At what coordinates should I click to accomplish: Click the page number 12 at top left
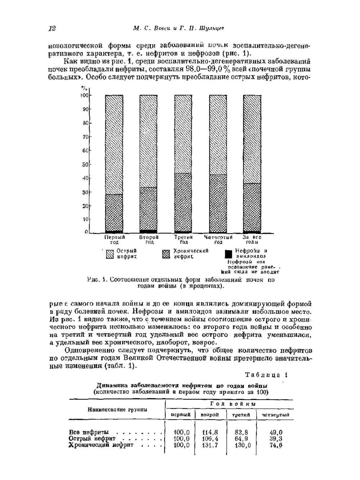tap(52, 29)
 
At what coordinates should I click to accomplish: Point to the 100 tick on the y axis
tap(84, 95)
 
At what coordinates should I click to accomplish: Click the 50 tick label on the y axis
tap(85, 165)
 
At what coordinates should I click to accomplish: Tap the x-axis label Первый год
tap(114, 240)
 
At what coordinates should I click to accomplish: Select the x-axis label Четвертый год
tap(218, 240)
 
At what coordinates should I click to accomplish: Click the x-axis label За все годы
tap(252, 240)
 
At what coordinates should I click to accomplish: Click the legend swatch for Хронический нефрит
tap(166, 254)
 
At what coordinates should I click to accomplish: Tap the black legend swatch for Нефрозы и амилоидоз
tap(228, 254)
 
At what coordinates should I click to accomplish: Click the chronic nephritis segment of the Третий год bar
tap(183, 202)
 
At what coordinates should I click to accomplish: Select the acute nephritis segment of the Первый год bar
tap(114, 144)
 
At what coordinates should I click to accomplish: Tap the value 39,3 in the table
tap(276, 439)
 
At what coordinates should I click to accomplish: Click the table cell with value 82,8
tap(241, 432)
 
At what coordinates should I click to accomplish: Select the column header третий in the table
tap(241, 415)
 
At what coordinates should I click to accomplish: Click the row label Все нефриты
tap(89, 432)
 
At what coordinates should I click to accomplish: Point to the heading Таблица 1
tap(266, 375)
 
